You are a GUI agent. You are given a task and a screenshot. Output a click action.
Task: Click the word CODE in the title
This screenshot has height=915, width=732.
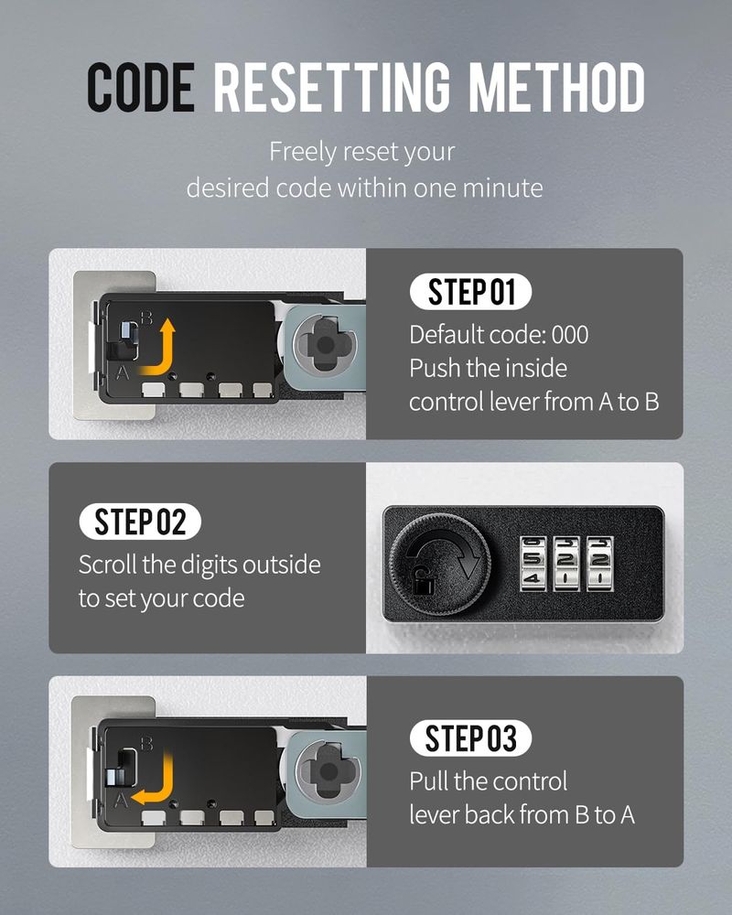point(141,87)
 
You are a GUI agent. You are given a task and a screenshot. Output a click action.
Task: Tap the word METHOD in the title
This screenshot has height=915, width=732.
point(557,87)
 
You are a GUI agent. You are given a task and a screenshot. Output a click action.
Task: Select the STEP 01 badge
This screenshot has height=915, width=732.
point(471,292)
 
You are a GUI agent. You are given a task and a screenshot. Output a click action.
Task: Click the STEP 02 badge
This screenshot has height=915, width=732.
point(140,522)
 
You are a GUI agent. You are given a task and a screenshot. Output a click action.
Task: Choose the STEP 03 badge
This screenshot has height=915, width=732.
point(470,738)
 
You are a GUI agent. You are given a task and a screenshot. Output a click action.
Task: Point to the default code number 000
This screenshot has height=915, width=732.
point(570,335)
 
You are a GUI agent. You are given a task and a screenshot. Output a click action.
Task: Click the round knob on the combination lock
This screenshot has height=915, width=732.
point(440,564)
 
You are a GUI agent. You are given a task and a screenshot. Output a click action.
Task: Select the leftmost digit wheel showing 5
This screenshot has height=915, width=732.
point(533,564)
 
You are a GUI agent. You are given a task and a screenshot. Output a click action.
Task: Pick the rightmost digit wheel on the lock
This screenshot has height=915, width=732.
point(600,564)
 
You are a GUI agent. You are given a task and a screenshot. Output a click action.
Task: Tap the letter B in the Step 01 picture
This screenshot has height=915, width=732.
point(146,318)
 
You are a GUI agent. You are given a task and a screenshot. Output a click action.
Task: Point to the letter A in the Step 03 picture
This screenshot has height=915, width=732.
point(121,800)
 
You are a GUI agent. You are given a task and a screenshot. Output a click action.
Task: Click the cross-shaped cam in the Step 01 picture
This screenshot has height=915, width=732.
point(325,346)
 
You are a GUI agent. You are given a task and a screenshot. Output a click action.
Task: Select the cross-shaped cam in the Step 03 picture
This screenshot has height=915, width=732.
point(328,771)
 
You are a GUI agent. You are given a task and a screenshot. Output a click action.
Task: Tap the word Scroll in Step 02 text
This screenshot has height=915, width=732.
point(108,565)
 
